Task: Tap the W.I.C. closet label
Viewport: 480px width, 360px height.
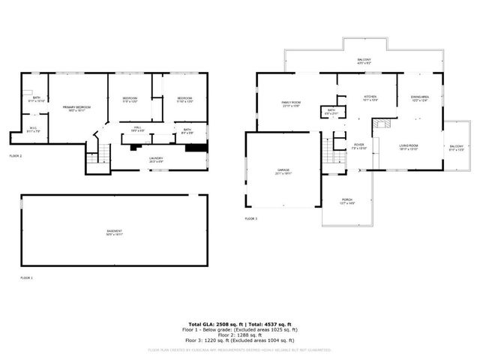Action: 33,128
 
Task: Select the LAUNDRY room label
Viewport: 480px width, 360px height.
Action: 156,158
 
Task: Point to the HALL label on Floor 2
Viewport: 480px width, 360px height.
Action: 138,128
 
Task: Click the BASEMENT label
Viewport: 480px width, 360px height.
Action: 114,231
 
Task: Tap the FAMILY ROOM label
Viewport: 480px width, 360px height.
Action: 291,103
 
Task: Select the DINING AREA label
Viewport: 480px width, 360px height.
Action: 419,97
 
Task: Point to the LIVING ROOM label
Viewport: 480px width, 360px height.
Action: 408,145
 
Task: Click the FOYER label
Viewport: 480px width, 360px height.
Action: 338,145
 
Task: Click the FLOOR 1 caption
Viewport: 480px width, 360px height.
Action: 26,277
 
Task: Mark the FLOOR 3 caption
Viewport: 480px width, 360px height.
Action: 250,218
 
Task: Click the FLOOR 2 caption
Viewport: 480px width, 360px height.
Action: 16,155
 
